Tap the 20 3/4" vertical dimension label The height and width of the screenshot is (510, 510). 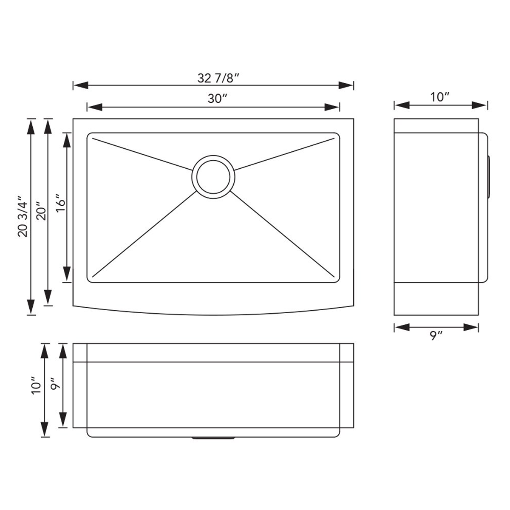(23, 216)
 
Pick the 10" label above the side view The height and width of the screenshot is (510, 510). (440, 97)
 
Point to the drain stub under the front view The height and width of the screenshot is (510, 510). (213, 437)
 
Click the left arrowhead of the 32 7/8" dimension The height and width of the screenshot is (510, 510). (80, 85)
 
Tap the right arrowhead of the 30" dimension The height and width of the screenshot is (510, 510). (333, 106)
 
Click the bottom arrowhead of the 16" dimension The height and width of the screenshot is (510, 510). (66, 274)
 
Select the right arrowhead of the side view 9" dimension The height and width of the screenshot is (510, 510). (472, 327)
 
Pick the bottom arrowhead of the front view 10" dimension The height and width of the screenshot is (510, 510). (44, 430)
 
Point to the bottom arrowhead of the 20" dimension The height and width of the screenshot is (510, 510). (48, 298)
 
